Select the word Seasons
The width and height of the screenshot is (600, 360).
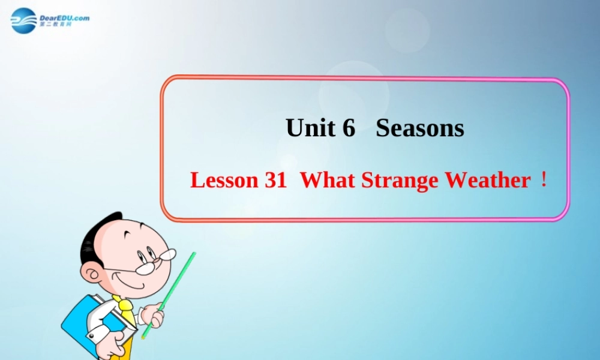420,128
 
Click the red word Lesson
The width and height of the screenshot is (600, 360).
223,181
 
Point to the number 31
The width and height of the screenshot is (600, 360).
275,181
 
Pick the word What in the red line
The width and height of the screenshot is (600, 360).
328,181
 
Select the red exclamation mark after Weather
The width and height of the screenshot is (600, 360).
544,180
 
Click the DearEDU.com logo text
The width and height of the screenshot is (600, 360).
64,18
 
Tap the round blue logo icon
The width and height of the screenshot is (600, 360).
24,20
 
